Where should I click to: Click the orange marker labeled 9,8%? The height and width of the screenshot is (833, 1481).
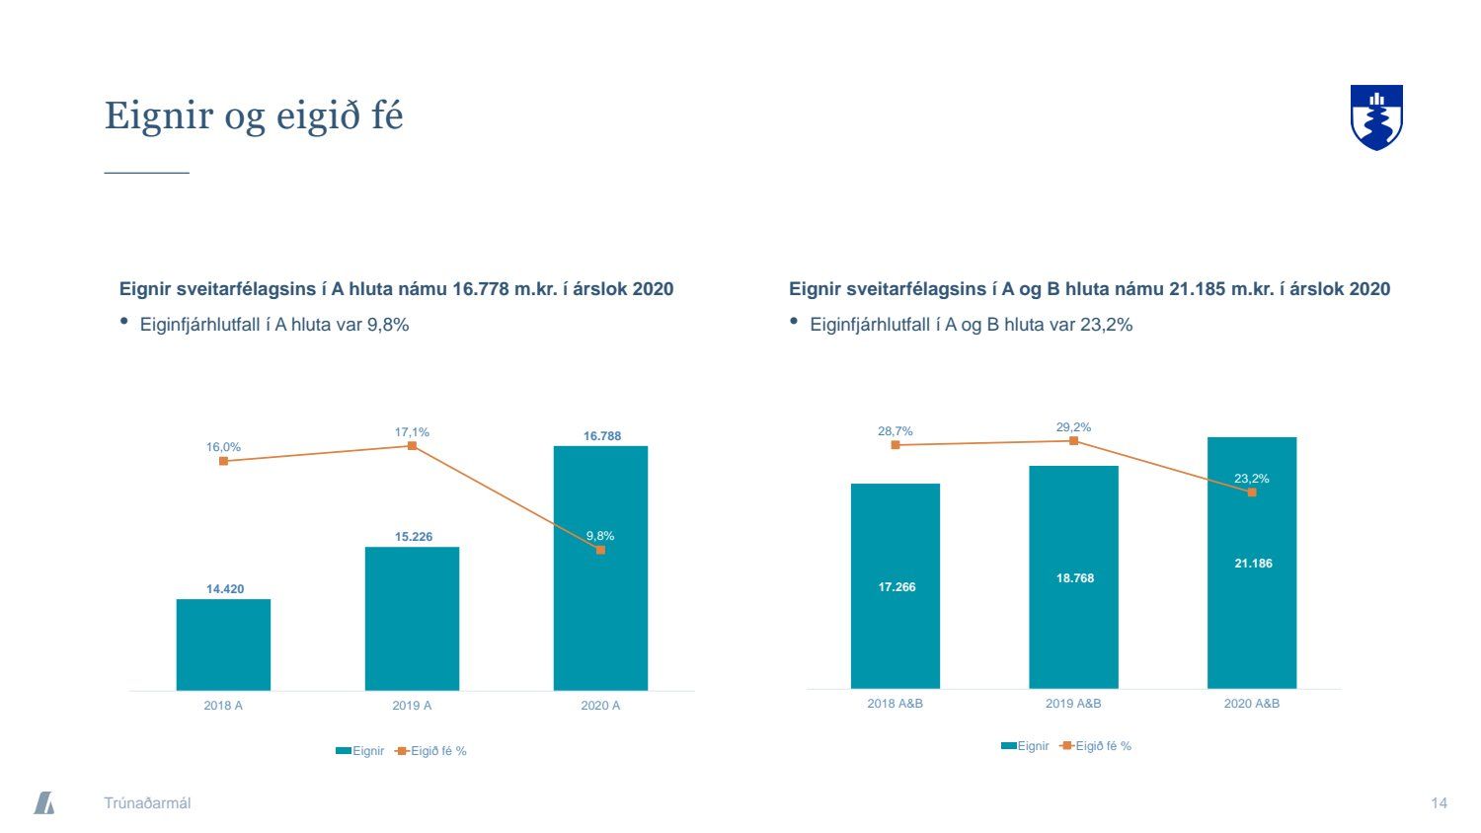pyautogui.click(x=600, y=550)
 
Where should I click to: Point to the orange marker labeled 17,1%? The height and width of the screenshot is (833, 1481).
pyautogui.click(x=412, y=446)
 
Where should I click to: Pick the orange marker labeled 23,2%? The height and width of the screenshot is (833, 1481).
pyautogui.click(x=1252, y=492)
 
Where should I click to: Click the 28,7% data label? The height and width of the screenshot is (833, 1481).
pyautogui.click(x=895, y=431)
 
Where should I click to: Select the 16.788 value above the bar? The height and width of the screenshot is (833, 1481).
pyautogui.click(x=601, y=436)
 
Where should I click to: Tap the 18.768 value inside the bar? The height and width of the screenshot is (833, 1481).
pyautogui.click(x=1074, y=578)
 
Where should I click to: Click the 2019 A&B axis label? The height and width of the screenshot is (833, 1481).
pyautogui.click(x=1073, y=704)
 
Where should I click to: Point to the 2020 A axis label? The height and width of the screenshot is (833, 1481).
pyautogui.click(x=600, y=706)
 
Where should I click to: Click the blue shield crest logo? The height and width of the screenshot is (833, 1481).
pyautogui.click(x=1376, y=116)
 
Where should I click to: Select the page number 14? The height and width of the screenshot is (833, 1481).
pyautogui.click(x=1439, y=803)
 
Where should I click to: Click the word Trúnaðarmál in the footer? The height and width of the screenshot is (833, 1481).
pyautogui.click(x=147, y=803)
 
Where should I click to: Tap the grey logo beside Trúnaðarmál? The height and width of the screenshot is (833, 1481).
pyautogui.click(x=44, y=802)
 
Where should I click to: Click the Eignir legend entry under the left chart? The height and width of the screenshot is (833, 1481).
pyautogui.click(x=360, y=751)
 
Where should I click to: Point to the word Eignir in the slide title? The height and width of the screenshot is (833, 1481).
pyautogui.click(x=158, y=115)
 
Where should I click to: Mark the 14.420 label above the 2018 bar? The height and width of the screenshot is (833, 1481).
pyautogui.click(x=224, y=589)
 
